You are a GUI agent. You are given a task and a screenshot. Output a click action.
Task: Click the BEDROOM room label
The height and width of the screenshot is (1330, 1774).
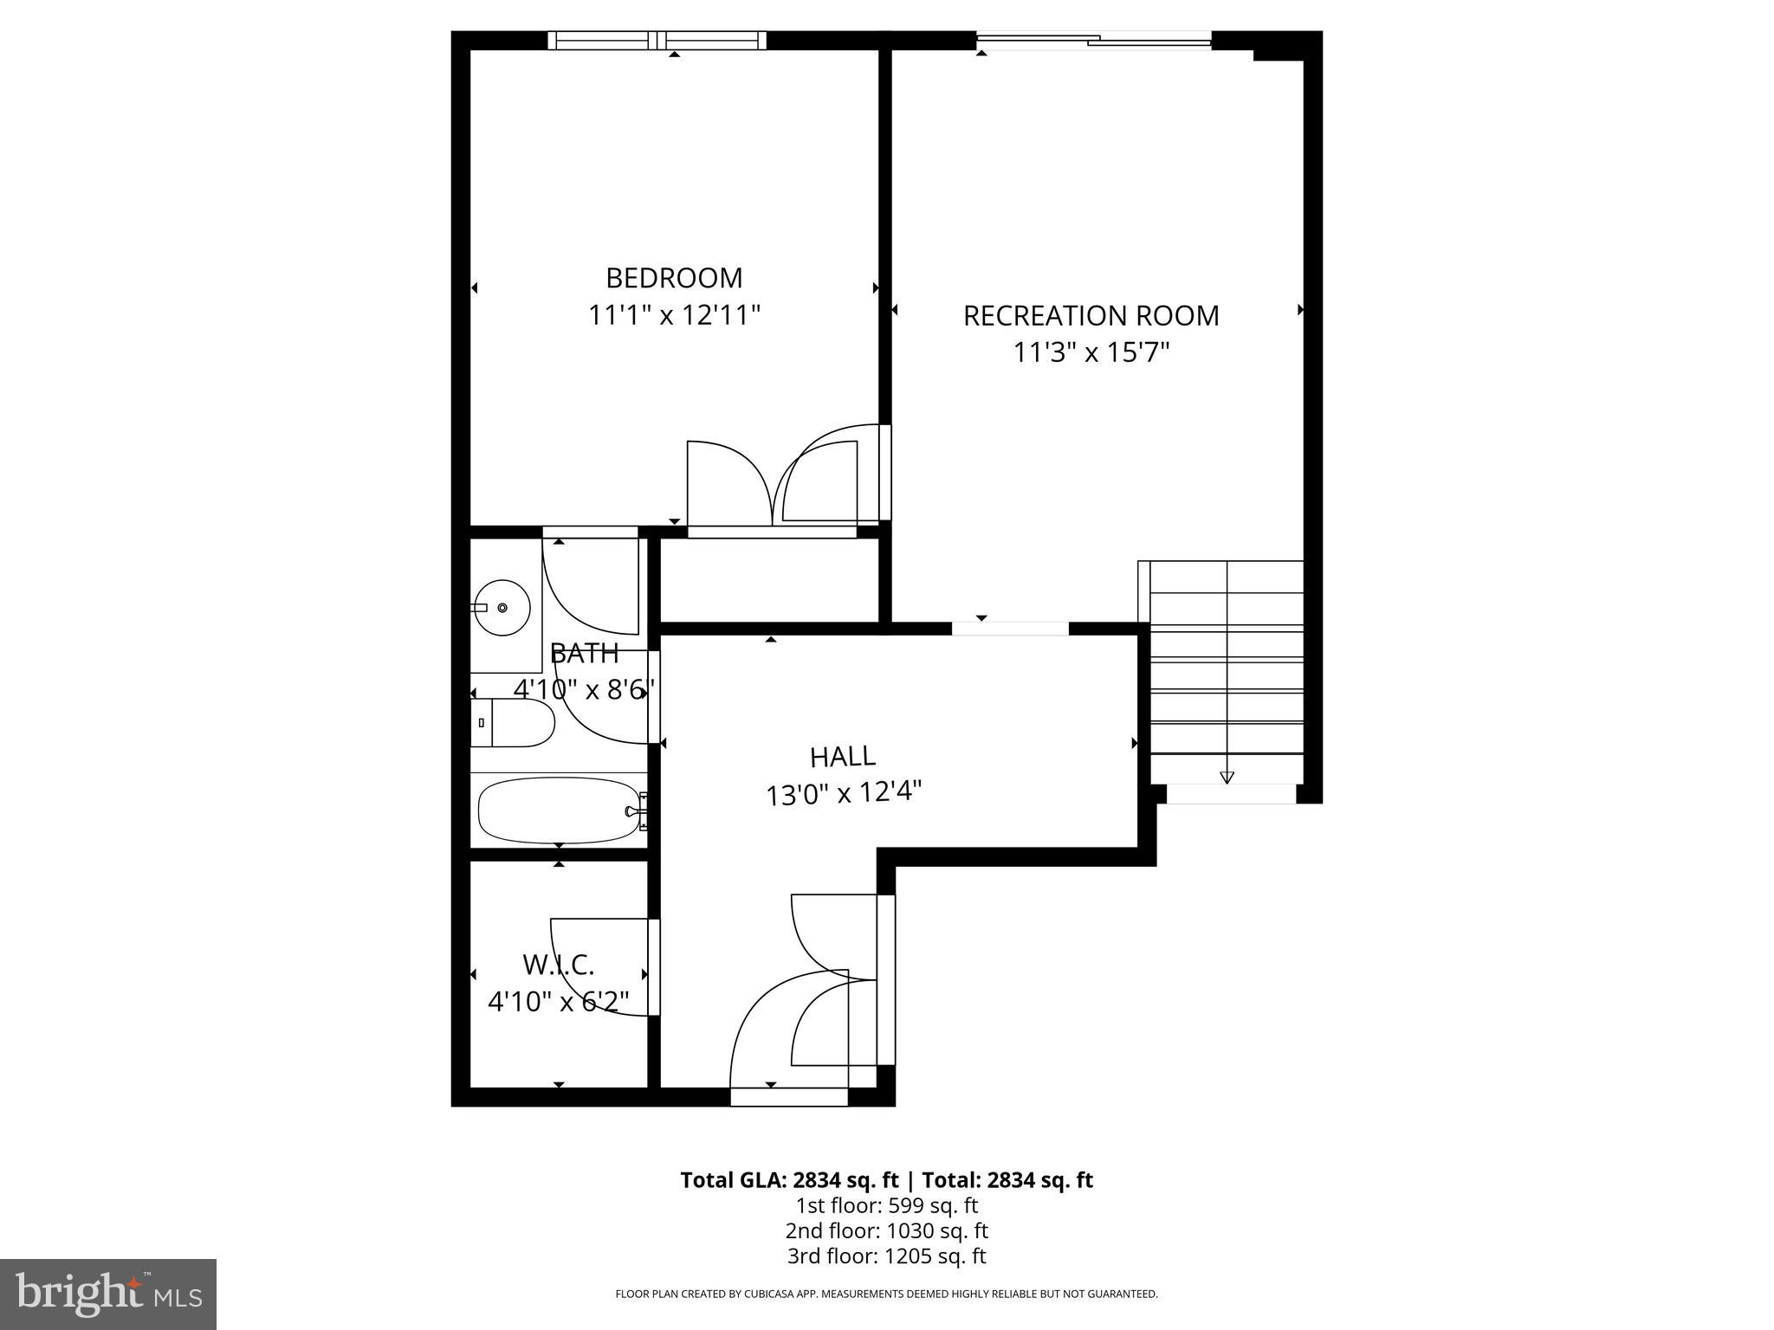click(x=674, y=278)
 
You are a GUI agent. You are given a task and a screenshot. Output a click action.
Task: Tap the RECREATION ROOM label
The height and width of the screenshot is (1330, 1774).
click(x=1091, y=316)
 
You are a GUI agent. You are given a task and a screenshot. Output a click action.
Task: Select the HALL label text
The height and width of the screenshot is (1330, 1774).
click(x=842, y=757)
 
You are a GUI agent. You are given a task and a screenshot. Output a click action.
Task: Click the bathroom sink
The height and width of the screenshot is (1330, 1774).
click(x=502, y=608)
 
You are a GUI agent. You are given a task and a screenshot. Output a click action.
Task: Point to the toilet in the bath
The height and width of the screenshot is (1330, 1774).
click(x=515, y=723)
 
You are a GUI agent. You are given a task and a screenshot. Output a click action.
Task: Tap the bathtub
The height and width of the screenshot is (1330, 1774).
click(x=559, y=810)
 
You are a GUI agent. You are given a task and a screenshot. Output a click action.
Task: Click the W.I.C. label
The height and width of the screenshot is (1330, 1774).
click(x=559, y=964)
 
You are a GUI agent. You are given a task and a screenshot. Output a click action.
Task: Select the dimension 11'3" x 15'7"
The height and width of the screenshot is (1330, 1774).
click(x=1091, y=353)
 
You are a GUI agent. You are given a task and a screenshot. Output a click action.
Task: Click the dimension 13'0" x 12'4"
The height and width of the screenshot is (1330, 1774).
click(x=842, y=793)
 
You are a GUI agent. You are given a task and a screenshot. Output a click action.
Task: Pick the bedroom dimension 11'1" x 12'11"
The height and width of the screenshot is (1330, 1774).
click(x=674, y=315)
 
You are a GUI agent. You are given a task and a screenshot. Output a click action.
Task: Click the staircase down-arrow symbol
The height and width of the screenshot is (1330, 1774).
click(x=1227, y=777)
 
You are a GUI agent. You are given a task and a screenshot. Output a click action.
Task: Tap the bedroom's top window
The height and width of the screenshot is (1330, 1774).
click(x=657, y=40)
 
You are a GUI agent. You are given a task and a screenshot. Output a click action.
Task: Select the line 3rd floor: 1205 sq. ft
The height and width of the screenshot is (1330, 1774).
click(x=886, y=1256)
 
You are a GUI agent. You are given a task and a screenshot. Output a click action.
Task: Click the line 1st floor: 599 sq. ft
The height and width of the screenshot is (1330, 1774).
click(x=886, y=1205)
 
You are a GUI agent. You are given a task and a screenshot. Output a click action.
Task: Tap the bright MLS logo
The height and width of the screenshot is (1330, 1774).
click(x=108, y=1294)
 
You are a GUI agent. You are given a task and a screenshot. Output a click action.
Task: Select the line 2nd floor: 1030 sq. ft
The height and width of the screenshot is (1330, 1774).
click(x=886, y=1230)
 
